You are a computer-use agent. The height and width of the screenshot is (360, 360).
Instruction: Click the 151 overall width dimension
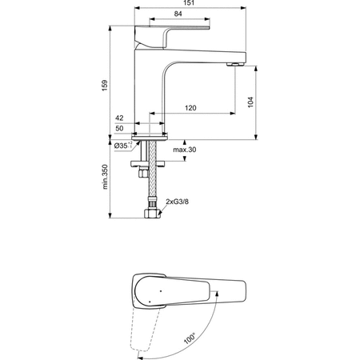189,3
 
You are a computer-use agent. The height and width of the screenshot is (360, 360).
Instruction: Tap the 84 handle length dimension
178,14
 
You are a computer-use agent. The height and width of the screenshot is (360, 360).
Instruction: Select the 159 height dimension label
105,86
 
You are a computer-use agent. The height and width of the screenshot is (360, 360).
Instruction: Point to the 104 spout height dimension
250,102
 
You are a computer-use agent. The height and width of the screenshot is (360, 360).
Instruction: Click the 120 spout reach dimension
190,108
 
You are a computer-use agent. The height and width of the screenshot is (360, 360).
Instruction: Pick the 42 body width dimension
119,118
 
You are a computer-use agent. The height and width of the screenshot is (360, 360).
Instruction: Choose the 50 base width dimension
119,128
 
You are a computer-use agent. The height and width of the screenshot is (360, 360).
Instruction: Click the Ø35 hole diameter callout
123,146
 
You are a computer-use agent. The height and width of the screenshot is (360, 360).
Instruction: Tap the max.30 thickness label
185,150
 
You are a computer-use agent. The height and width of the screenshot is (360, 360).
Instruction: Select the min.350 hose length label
105,177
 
